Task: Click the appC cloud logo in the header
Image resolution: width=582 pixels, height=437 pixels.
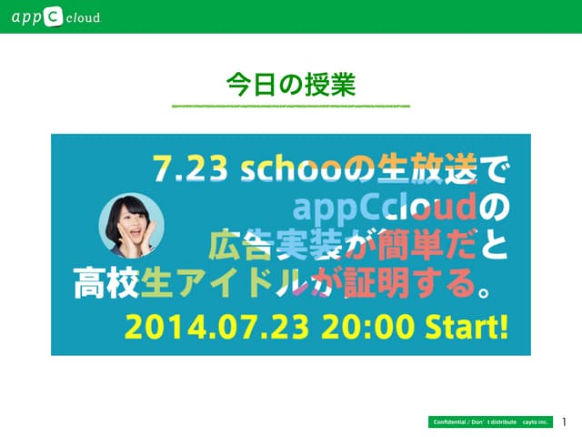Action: pyautogui.click(x=55, y=16)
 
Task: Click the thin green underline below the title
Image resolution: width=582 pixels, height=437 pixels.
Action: pyautogui.click(x=290, y=107)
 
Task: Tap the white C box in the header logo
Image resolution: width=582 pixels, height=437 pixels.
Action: pyautogui.click(x=53, y=16)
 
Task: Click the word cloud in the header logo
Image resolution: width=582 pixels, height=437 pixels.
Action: pyautogui.click(x=83, y=17)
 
